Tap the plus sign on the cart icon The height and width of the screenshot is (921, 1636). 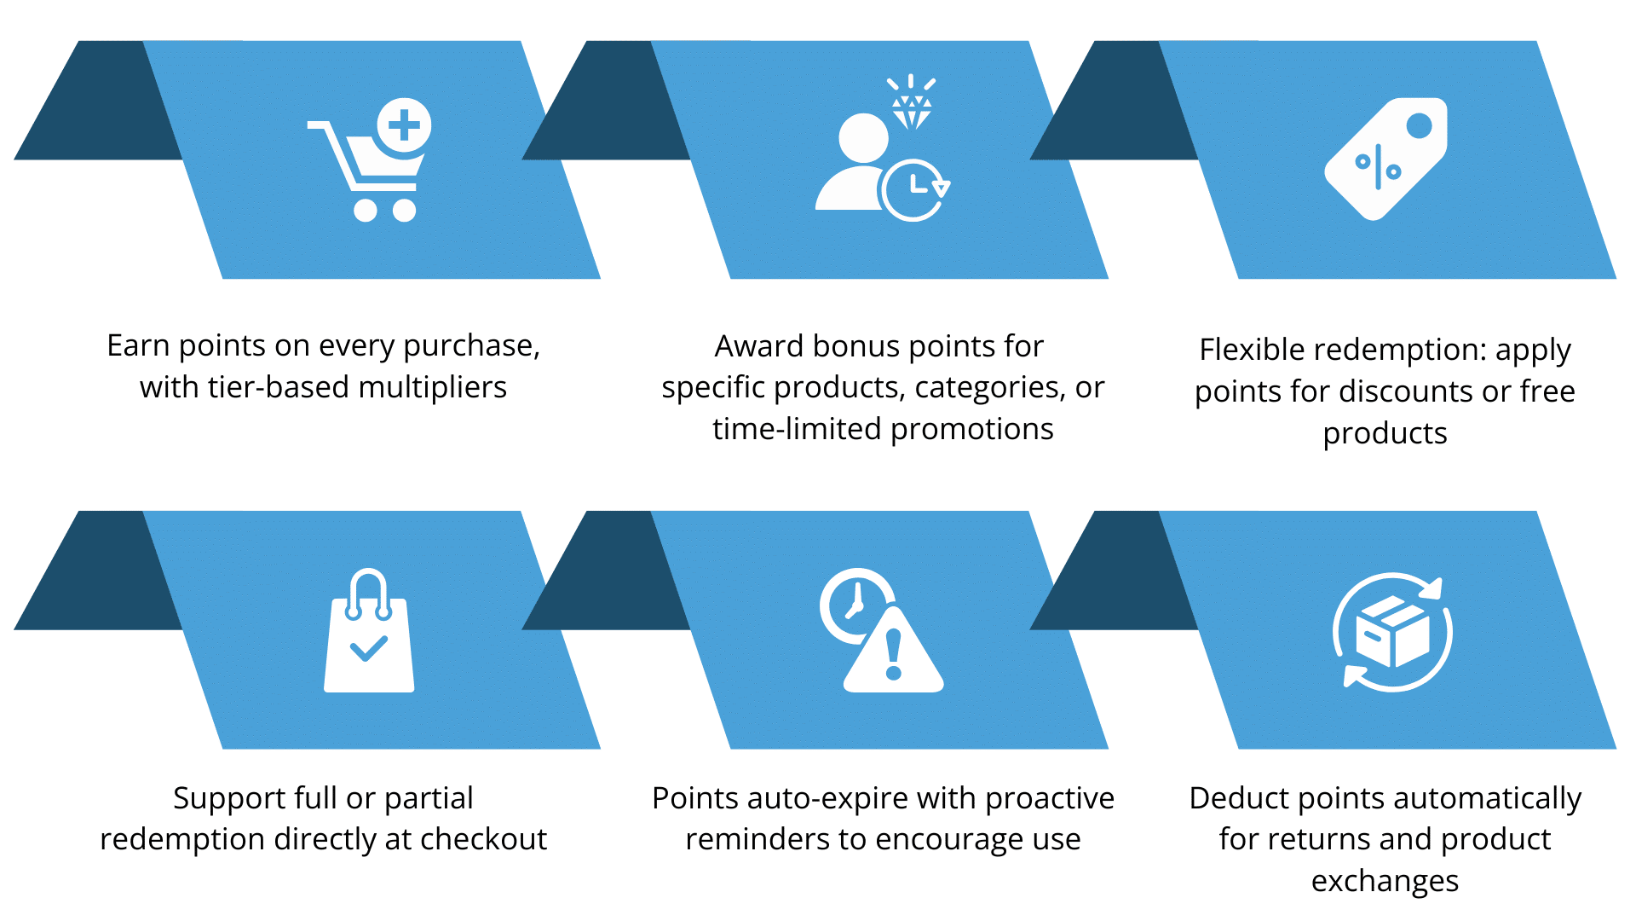tap(404, 125)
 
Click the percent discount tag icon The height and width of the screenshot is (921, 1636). tap(1386, 159)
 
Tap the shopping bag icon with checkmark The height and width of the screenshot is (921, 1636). tap(369, 630)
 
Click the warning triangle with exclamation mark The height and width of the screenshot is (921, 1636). tap(894, 650)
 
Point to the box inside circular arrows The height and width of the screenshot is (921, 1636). tap(1392, 631)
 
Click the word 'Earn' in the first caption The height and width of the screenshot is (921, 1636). tap(138, 345)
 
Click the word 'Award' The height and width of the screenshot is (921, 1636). tap(759, 346)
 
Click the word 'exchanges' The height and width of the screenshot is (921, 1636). tap(1385, 881)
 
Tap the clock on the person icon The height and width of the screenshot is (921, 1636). tap(913, 189)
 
